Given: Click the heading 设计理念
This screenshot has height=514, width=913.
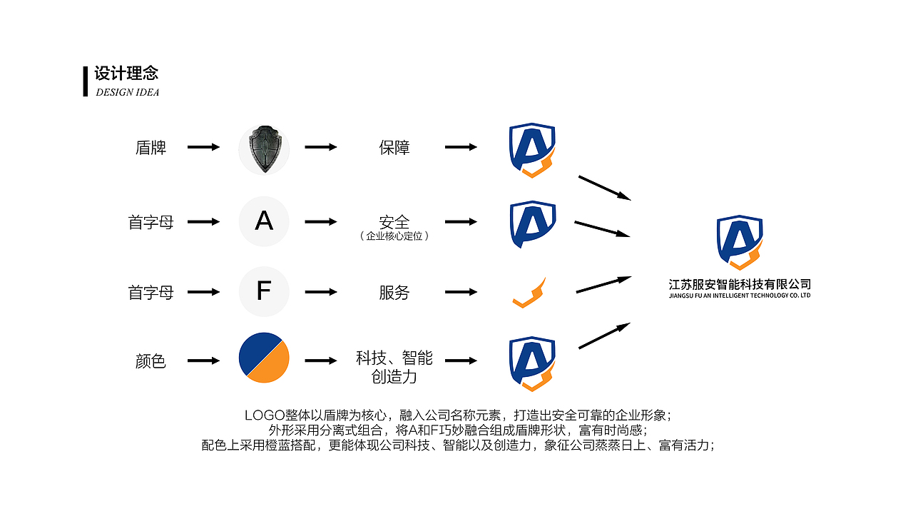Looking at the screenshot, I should point(126,74).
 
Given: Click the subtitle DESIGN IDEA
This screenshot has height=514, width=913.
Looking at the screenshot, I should point(127,92).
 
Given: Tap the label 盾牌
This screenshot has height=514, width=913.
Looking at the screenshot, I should point(151,148).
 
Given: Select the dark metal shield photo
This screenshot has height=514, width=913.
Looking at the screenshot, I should point(264,148).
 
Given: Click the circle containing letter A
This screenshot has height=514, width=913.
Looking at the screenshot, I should point(264,221).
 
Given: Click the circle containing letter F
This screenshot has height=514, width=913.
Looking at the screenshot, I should point(264,291).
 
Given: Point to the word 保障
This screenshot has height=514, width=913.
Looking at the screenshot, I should point(394,148).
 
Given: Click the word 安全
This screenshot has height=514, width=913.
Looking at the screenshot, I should point(394,221).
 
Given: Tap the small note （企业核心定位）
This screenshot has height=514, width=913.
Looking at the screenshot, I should point(394,236).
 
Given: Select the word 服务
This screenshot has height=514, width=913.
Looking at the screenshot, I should point(394,293).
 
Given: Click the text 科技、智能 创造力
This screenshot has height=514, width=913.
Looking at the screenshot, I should point(394,367).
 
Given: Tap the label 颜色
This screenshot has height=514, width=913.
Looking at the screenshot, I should point(151,361).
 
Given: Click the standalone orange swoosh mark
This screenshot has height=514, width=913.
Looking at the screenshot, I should point(529,293).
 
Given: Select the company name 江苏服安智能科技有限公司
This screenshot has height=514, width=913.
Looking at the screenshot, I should point(740,284).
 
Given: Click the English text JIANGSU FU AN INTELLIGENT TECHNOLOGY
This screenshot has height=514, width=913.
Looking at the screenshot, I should point(740,296).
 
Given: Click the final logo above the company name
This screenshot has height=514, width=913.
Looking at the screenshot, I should point(740,243).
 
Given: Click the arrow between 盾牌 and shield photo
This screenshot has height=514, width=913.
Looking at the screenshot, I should point(203,147).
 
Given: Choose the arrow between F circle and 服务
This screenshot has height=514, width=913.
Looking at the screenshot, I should point(320,292).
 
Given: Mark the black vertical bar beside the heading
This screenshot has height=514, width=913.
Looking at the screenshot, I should point(86,81).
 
